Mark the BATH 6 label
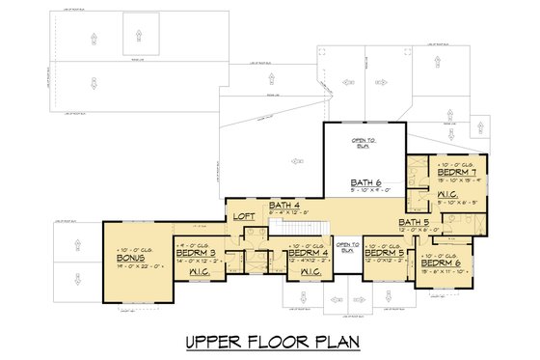tap(367, 182)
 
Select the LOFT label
tap(245, 217)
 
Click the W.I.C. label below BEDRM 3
tap(200, 272)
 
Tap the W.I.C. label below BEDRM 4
tap(310, 272)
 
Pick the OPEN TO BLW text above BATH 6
tap(364, 142)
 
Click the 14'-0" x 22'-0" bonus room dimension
tap(130, 266)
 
